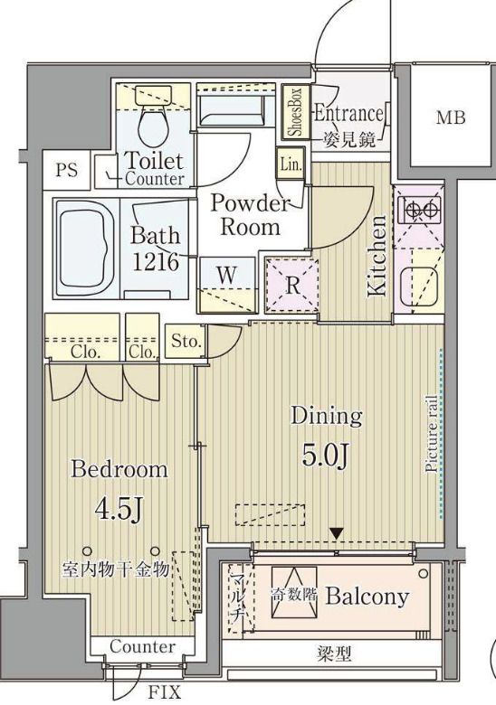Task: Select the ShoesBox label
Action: [298, 112]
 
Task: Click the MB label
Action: [451, 117]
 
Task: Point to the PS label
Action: [67, 171]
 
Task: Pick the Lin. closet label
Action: [291, 164]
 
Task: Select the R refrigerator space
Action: [292, 285]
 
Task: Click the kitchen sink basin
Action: [419, 284]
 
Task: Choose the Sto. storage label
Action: [186, 342]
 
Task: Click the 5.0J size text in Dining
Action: [325, 457]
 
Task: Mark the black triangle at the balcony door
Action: [336, 534]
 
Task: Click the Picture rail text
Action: [431, 434]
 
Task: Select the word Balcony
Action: [367, 597]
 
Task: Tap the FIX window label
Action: [165, 691]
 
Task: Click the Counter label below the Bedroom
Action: [143, 646]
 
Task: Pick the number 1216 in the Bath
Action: [156, 262]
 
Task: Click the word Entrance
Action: [348, 114]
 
